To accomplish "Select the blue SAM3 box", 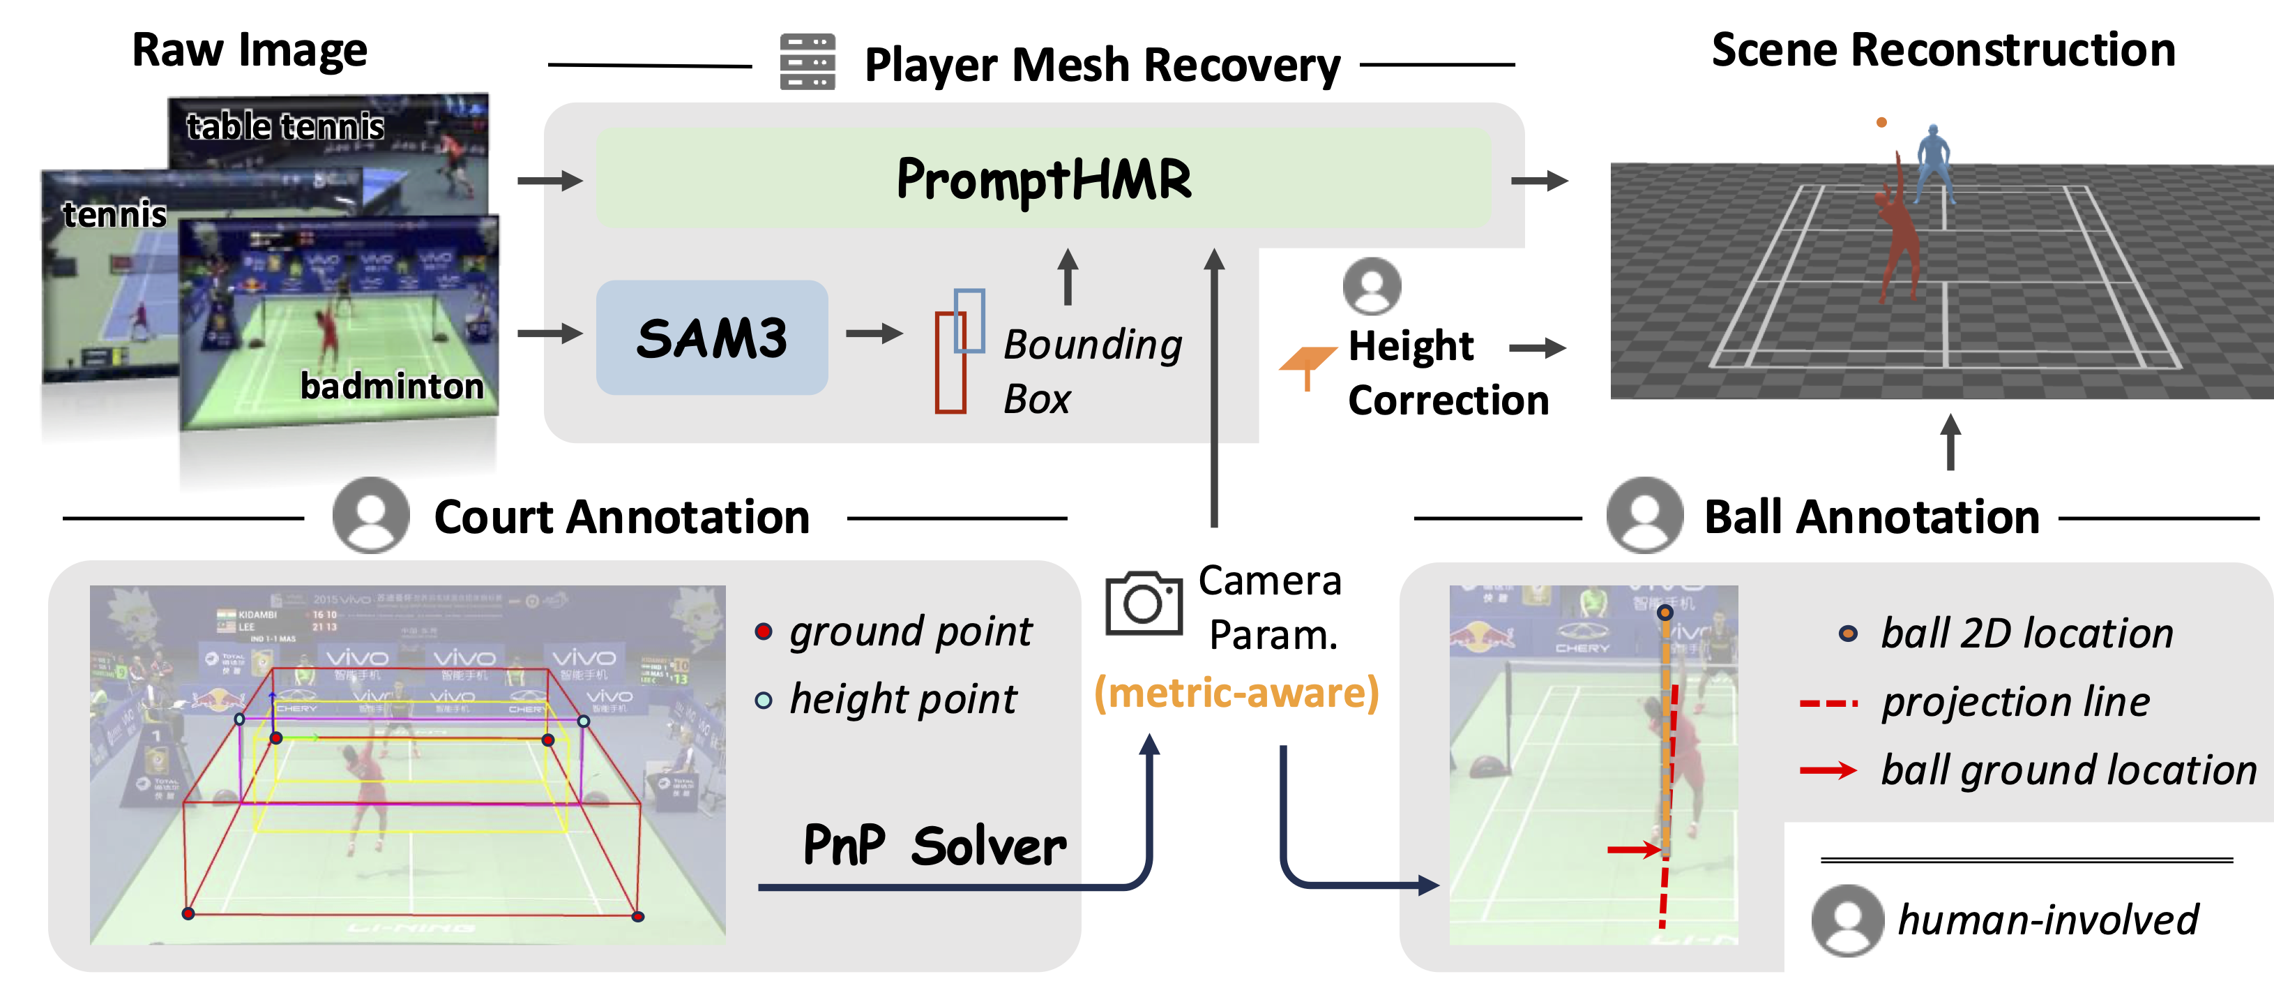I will (x=711, y=337).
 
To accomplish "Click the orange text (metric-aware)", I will (x=1236, y=693).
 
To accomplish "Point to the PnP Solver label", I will (x=934, y=846).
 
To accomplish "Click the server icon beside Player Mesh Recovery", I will (x=807, y=62).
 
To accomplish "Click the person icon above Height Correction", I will (x=1371, y=286).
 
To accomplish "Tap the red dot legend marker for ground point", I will (x=764, y=631).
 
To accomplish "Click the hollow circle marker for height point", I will (x=764, y=701).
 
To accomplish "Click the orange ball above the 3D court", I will (x=1881, y=122).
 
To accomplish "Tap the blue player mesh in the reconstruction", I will (x=1933, y=163).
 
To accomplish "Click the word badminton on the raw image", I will (x=391, y=386).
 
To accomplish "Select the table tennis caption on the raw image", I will (x=285, y=126).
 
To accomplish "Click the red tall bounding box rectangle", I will (x=950, y=363).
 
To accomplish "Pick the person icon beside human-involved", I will (x=1847, y=920).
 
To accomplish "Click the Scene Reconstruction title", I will (x=1943, y=50).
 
